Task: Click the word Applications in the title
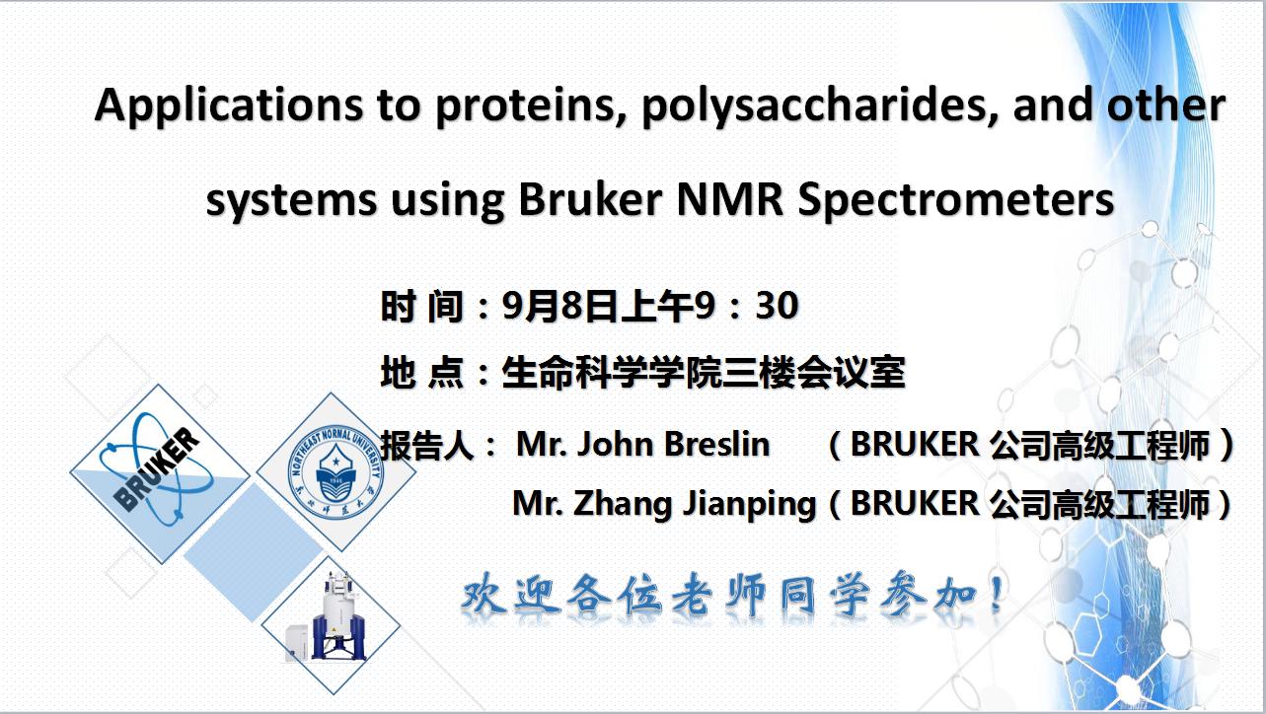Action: [229, 106]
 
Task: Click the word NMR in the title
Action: [730, 199]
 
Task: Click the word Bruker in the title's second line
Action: [590, 199]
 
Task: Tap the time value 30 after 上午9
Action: [778, 306]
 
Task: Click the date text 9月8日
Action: [559, 306]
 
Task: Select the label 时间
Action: [422, 306]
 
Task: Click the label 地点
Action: [422, 373]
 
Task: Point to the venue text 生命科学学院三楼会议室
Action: [704, 373]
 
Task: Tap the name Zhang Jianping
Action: [696, 504]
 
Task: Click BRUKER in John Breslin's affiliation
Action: [915, 444]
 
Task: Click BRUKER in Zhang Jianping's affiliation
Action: [915, 503]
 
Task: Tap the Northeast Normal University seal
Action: [335, 473]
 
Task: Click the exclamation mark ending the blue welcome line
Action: [999, 593]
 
